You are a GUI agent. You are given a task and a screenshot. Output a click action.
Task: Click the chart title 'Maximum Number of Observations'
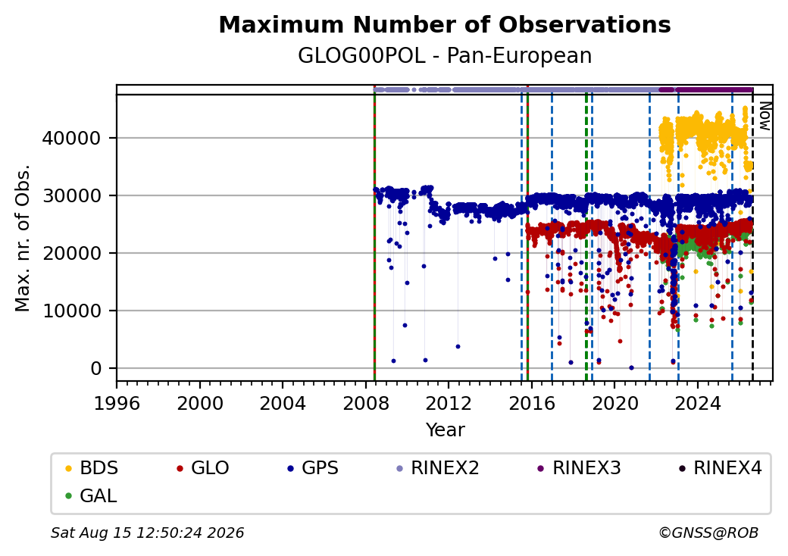pos(445,24)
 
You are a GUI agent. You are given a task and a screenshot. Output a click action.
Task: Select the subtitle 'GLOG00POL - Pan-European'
pos(445,56)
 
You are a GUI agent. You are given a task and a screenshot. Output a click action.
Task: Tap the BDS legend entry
pos(92,468)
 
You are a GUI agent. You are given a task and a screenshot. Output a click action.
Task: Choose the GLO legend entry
pos(203,468)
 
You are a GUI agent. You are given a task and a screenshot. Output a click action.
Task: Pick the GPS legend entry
pos(313,468)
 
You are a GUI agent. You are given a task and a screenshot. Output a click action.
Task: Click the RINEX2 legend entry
pos(438,468)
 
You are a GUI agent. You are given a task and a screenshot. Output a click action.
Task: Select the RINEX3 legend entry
pos(579,468)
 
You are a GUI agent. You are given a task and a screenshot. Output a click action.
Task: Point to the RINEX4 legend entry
pos(720,468)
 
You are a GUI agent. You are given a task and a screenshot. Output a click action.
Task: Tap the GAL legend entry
pos(91,495)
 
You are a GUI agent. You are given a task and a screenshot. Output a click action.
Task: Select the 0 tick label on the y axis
pos(96,369)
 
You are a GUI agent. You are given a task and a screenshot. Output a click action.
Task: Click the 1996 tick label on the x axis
pos(117,403)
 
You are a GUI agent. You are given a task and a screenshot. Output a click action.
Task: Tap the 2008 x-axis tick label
pos(366,403)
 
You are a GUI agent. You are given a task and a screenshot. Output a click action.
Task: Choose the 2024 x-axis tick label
pos(698,403)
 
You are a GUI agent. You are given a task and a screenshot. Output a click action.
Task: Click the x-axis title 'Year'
pos(446,430)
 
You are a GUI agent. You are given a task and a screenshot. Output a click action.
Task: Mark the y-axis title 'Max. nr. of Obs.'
pos(23,238)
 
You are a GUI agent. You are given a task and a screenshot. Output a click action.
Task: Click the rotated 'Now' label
pos(765,116)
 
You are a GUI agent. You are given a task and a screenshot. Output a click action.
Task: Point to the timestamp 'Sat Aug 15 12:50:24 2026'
pos(147,533)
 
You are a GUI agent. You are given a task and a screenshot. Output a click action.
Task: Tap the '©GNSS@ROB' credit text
pos(708,533)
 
